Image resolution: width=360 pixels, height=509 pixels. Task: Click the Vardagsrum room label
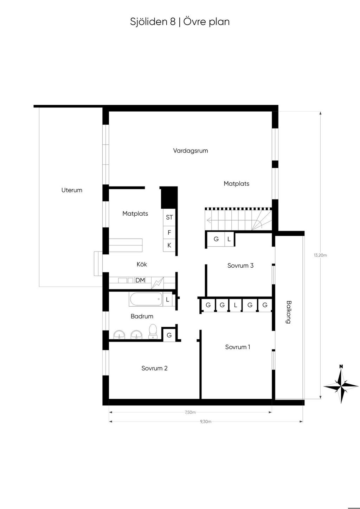(190, 151)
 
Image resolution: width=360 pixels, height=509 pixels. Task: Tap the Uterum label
(72, 190)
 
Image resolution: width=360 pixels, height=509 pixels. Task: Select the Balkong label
(288, 312)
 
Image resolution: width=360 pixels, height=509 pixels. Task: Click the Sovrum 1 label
(238, 347)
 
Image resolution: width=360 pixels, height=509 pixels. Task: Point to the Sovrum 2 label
(154, 368)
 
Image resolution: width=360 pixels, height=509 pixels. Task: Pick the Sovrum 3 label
(240, 266)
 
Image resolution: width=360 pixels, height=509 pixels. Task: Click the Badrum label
(142, 316)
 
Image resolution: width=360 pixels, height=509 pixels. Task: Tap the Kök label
(142, 264)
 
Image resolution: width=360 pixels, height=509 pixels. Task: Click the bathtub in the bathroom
(146, 299)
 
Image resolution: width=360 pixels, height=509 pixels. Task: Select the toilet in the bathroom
(152, 332)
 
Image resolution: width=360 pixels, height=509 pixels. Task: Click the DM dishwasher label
(140, 280)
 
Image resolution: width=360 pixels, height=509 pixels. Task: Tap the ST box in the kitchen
(169, 217)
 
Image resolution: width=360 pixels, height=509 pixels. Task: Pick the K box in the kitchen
(169, 245)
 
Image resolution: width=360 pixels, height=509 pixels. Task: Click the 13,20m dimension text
(320, 255)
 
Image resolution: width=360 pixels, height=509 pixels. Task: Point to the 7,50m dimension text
(190, 412)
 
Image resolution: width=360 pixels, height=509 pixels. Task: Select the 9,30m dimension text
(206, 422)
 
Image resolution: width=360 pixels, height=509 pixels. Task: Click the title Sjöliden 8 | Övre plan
(180, 22)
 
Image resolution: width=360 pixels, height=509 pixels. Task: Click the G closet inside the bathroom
(169, 335)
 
